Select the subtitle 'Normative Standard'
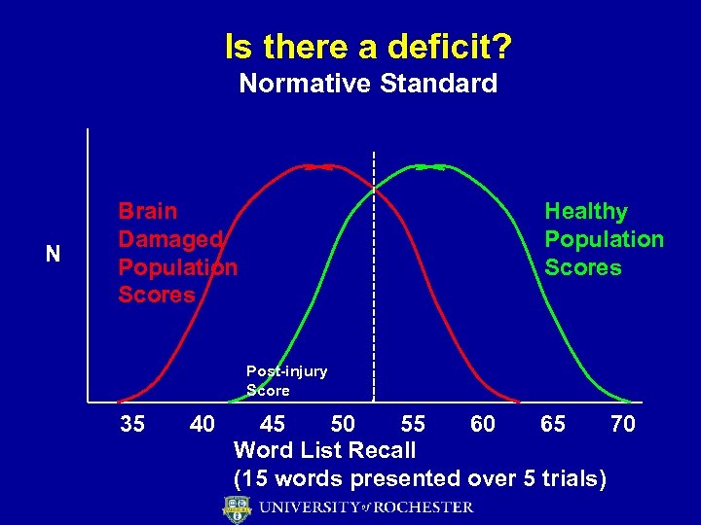[368, 84]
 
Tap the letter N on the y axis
[53, 255]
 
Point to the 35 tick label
[134, 425]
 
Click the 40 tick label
[203, 425]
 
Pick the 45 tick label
[273, 425]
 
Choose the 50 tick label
[343, 425]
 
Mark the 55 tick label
[413, 425]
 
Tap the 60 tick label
[482, 425]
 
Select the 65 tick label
[552, 425]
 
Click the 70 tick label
[622, 425]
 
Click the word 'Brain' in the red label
[148, 211]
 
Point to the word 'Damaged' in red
[170, 239]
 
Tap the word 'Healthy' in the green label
[586, 211]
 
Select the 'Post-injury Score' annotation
[286, 380]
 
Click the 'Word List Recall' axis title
[324, 451]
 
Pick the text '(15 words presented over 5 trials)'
[420, 478]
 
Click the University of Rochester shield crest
[237, 508]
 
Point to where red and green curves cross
[374, 188]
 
